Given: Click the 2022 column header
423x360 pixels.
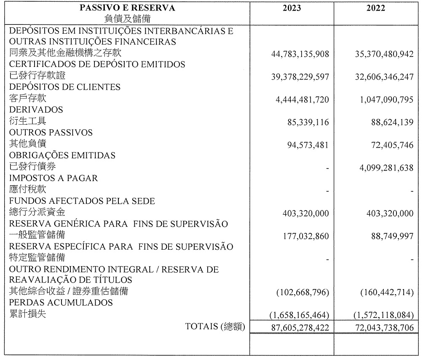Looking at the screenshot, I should pyautogui.click(x=376, y=8).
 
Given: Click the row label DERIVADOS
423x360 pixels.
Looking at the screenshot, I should pyautogui.click(x=36, y=110).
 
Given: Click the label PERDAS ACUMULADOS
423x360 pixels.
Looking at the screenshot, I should pyautogui.click(x=61, y=303).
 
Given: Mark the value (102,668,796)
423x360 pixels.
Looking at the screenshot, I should pyautogui.click(x=303, y=292).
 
